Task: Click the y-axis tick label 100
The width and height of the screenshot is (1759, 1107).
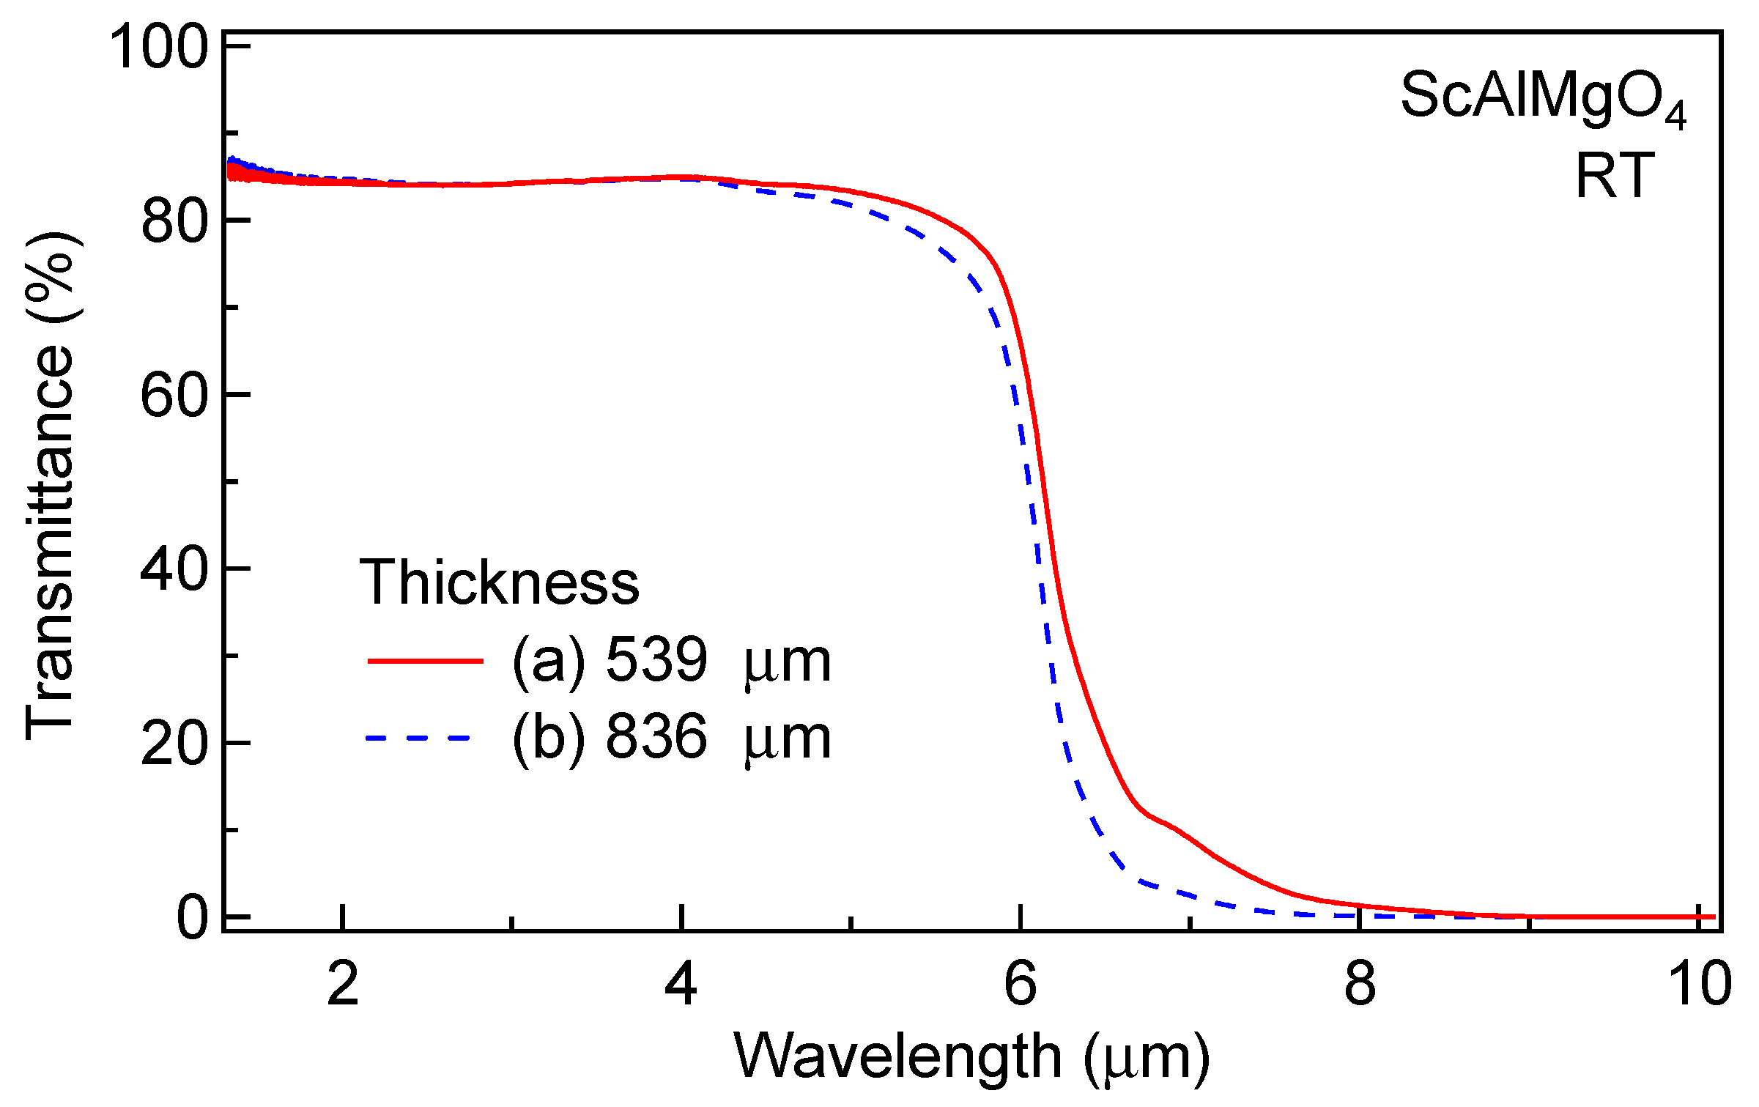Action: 159,47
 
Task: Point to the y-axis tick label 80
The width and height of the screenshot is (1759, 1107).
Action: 174,221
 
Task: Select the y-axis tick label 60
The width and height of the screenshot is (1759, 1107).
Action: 174,395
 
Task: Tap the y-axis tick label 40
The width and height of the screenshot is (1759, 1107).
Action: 174,569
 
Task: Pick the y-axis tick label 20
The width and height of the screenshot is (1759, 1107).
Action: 174,744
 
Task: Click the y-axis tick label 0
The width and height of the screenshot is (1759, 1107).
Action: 193,918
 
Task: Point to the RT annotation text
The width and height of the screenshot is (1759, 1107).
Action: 1615,177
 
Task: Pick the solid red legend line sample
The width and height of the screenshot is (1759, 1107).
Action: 425,661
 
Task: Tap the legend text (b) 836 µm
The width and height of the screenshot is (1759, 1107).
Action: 671,737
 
